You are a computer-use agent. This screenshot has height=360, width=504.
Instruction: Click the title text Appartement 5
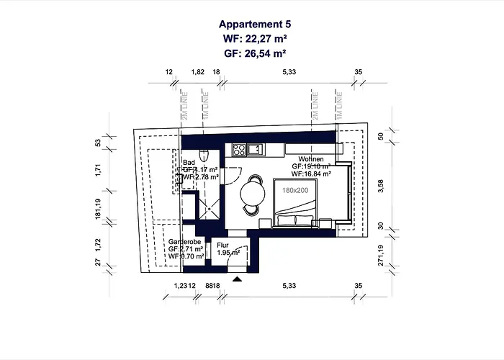coord(251,24)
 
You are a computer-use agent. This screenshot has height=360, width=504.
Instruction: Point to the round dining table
coord(252,192)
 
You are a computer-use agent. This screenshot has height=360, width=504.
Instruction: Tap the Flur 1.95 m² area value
coord(229,253)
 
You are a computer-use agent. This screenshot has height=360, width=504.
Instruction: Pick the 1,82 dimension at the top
coord(197,73)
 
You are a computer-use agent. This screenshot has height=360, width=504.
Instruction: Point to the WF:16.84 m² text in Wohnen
coord(311,174)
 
